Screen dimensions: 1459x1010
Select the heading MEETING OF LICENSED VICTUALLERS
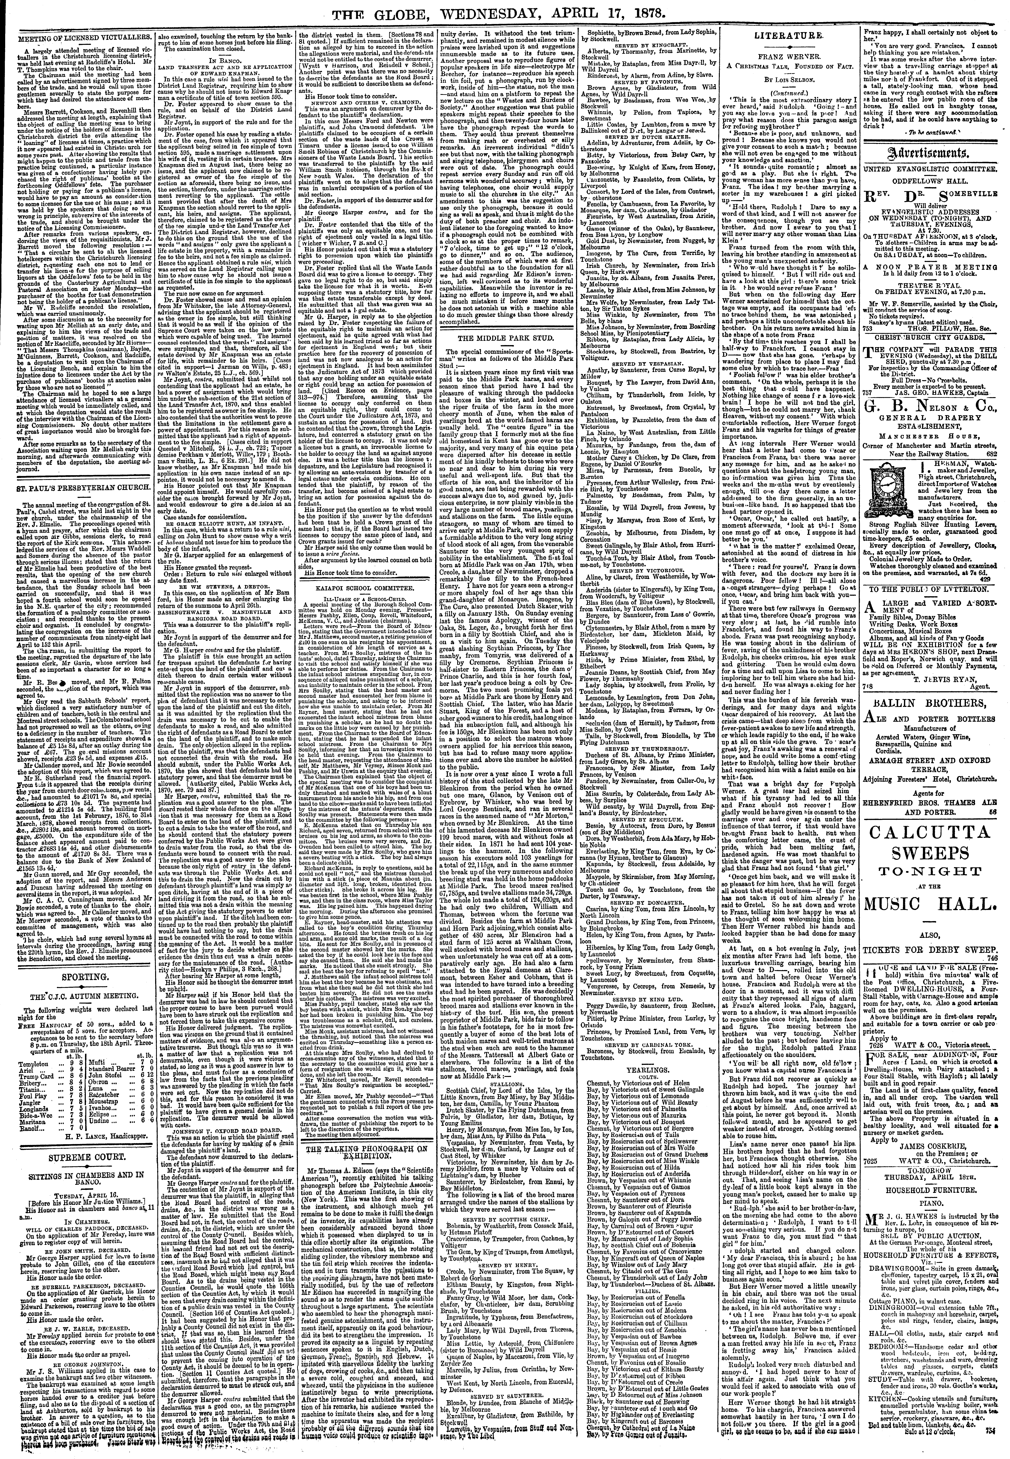(78, 37)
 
